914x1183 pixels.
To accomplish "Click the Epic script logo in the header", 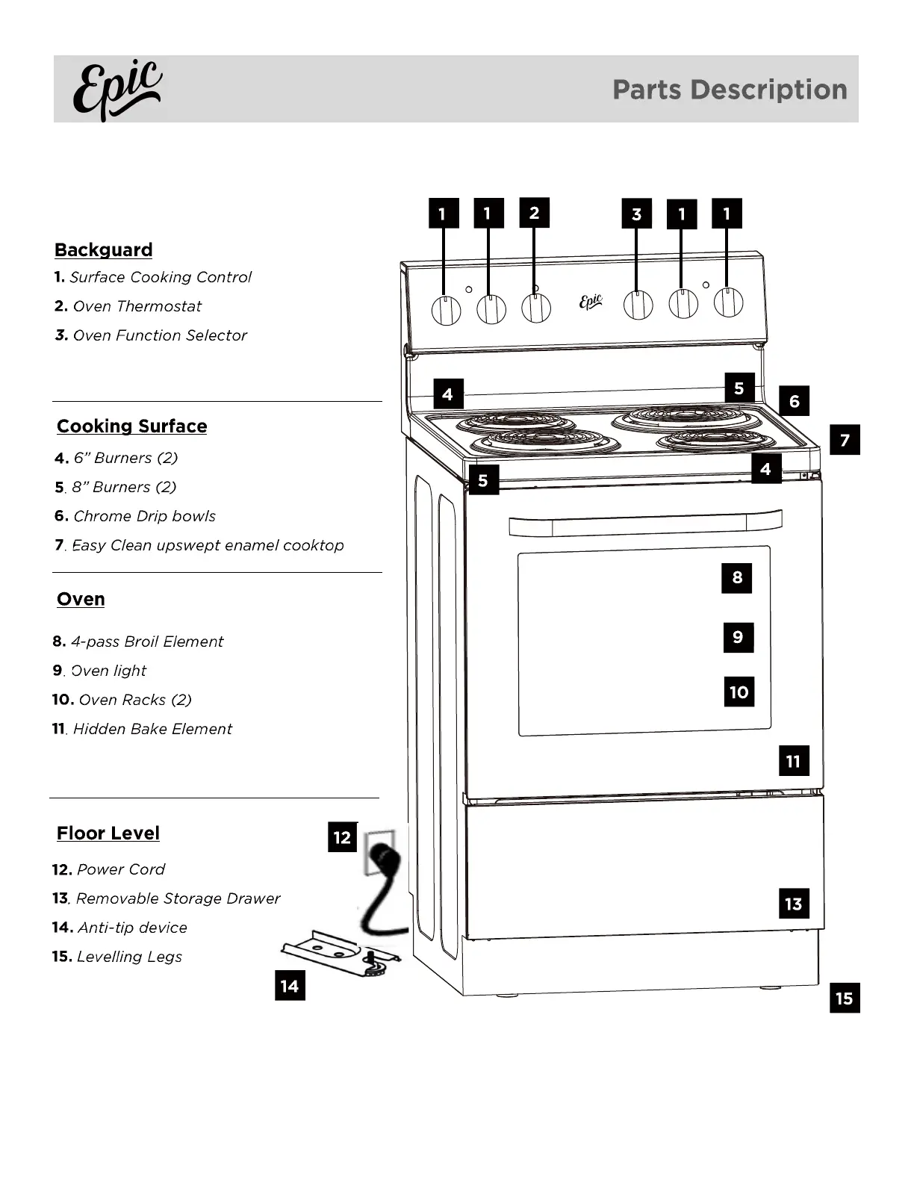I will [117, 90].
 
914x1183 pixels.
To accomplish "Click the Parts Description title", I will [730, 90].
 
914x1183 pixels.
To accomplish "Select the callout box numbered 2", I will [534, 213].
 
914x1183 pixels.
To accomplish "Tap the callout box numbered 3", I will [636, 214].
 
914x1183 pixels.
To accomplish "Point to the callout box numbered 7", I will [845, 440].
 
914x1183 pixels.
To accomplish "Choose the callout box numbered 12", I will [342, 836].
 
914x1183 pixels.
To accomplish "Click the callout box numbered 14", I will [290, 986].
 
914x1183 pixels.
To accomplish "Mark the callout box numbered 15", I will [844, 998].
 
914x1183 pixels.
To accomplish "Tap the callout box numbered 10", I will [739, 692].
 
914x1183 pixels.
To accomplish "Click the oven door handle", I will [645, 524].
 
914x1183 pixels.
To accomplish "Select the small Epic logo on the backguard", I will [591, 301].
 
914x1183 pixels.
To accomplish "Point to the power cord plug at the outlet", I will [382, 855].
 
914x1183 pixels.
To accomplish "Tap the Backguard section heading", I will [103, 250].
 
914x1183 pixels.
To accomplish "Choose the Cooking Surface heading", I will [131, 426].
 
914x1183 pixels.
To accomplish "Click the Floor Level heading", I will [108, 833].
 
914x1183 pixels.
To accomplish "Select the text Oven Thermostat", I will [137, 306].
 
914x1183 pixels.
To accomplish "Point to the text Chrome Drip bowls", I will [144, 516].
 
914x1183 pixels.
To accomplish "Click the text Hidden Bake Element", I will [152, 729].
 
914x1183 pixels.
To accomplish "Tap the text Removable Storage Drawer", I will [178, 898].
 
